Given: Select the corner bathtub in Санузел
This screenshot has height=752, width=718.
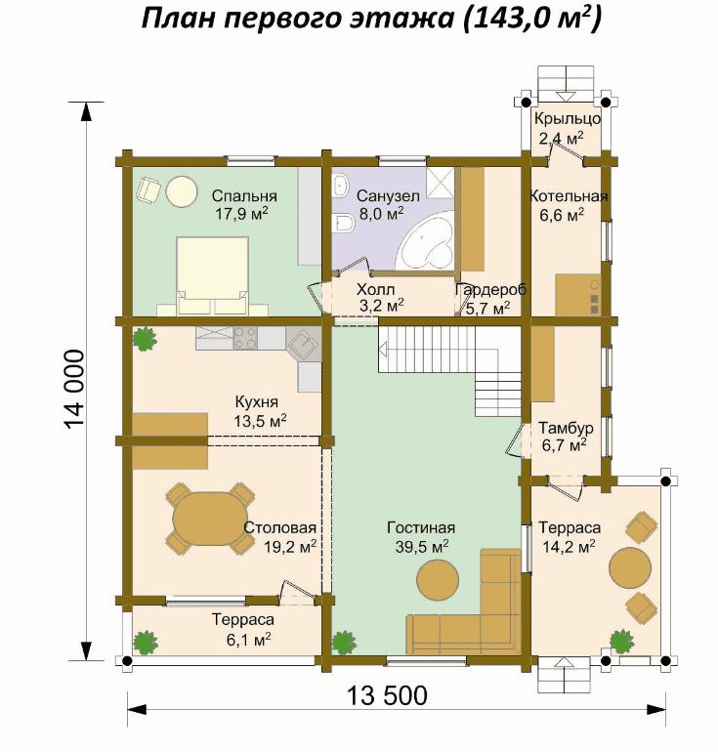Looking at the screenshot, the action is pyautogui.click(x=426, y=242).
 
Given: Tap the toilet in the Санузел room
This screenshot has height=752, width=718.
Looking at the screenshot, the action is pyautogui.click(x=345, y=224).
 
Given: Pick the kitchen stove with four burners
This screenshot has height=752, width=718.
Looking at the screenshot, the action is pyautogui.click(x=245, y=338).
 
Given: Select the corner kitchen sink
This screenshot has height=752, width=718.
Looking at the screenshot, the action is pyautogui.click(x=303, y=344).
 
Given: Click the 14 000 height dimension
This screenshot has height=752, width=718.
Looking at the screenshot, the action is pyautogui.click(x=74, y=389).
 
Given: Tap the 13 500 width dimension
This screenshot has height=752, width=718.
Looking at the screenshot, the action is pyautogui.click(x=387, y=695).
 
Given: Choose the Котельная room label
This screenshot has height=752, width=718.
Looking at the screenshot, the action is pyautogui.click(x=569, y=196).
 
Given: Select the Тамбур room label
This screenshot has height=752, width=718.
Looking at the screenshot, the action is pyautogui.click(x=566, y=428).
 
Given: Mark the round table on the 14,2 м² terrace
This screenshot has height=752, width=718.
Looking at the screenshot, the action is pyautogui.click(x=630, y=567).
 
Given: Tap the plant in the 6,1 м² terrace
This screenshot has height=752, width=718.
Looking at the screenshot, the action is pyautogui.click(x=146, y=643).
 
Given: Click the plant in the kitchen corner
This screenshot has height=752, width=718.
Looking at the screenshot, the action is pyautogui.click(x=145, y=339).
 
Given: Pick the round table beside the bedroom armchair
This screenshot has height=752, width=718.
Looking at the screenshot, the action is pyautogui.click(x=182, y=190).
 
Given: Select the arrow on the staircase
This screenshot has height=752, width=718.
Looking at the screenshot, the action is pyautogui.click(x=383, y=349).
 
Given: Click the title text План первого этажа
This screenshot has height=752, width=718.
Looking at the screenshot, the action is pyautogui.click(x=297, y=20).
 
